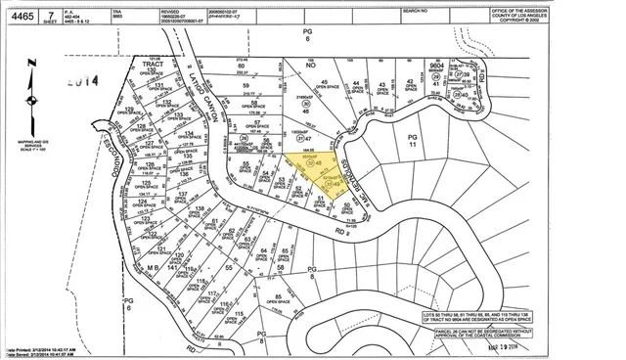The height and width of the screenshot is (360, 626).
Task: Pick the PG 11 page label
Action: pos(412,139)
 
